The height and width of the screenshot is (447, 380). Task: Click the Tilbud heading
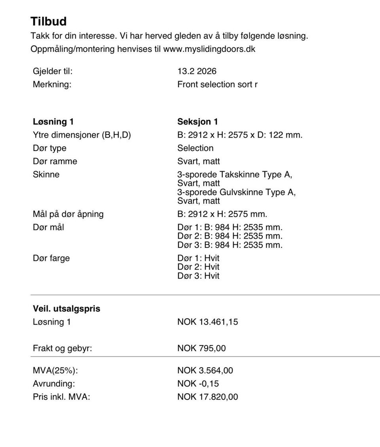(48, 21)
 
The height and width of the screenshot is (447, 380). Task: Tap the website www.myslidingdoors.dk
(209, 49)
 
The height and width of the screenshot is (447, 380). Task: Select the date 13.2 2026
(197, 72)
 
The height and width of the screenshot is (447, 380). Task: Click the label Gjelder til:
(53, 72)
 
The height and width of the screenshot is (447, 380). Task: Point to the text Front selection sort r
(217, 84)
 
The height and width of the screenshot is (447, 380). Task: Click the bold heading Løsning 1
(53, 122)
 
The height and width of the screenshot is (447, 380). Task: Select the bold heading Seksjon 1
(198, 122)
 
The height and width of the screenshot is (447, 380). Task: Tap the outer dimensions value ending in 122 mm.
(239, 135)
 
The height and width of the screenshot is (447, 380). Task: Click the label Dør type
(49, 148)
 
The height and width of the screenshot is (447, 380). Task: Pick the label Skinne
(46, 174)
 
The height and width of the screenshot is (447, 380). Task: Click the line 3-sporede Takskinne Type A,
(235, 174)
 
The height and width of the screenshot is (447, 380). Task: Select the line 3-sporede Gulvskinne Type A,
(236, 192)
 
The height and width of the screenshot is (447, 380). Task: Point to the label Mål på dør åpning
(68, 214)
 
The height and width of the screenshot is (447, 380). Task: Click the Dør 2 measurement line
(230, 236)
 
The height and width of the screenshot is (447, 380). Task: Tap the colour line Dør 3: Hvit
(198, 276)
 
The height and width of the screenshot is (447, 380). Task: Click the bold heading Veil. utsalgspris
(66, 309)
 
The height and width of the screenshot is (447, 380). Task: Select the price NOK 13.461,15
(207, 322)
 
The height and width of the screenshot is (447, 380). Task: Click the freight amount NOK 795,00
(201, 348)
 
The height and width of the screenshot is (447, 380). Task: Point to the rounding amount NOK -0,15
(198, 383)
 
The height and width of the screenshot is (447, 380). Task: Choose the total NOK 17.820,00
(207, 397)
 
